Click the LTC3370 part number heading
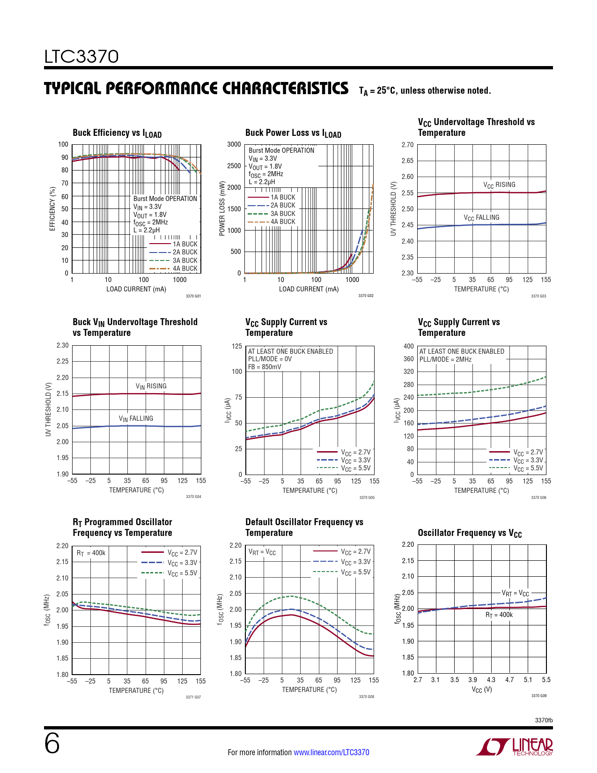pos(81,57)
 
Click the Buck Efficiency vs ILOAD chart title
pos(117,134)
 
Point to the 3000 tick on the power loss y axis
pos(234,144)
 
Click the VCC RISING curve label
pos(499,185)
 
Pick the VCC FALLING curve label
pos(481,218)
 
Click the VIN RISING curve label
pos(151,386)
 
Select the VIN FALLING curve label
pos(136,419)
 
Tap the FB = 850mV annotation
pos(265,367)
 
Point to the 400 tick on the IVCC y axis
pos(409,346)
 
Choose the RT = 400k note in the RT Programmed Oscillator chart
pos(91,553)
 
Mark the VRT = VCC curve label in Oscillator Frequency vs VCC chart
pos(515,594)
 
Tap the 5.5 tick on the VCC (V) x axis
pos(546,680)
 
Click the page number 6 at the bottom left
pos(52,743)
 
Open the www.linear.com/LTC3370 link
pos(331,752)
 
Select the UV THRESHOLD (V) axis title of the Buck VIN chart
pos(48,409)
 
